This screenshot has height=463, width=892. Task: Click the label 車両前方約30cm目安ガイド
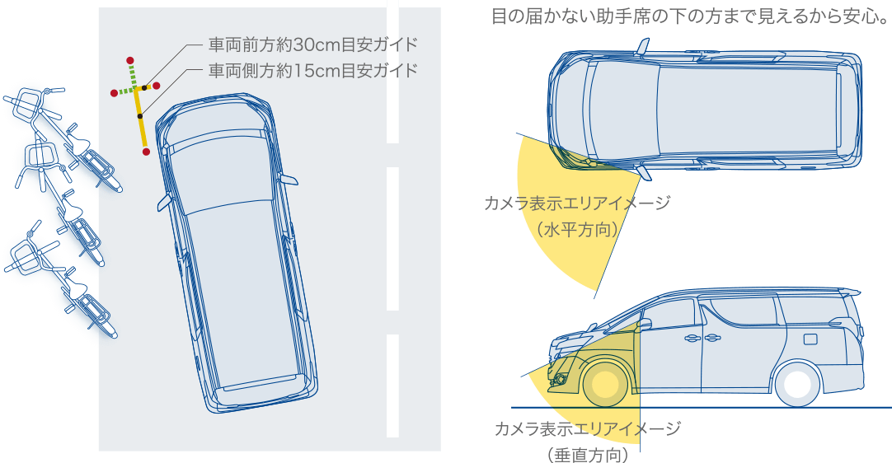coord(313,44)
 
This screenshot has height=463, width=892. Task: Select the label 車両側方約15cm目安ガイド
coord(313,70)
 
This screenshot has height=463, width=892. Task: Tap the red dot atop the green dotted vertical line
coord(130,60)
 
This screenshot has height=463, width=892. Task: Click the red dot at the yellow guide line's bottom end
coord(146,152)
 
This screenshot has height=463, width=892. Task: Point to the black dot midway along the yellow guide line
coord(140,116)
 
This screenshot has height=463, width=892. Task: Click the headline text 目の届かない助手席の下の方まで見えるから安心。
coord(690,16)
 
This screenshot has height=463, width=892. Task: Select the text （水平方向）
coord(578,230)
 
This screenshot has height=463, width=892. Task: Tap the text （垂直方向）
coord(589,455)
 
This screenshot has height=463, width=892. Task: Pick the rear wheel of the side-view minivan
coord(797,384)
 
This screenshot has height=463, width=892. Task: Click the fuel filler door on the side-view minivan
coord(810,339)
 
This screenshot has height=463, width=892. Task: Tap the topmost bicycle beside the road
coord(63,137)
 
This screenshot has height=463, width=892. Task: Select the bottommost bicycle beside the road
coord(62,278)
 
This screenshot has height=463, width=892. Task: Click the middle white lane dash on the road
coord(392,239)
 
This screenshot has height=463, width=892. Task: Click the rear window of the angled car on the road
coord(260,382)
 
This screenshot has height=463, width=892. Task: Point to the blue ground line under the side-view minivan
coord(701,408)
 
